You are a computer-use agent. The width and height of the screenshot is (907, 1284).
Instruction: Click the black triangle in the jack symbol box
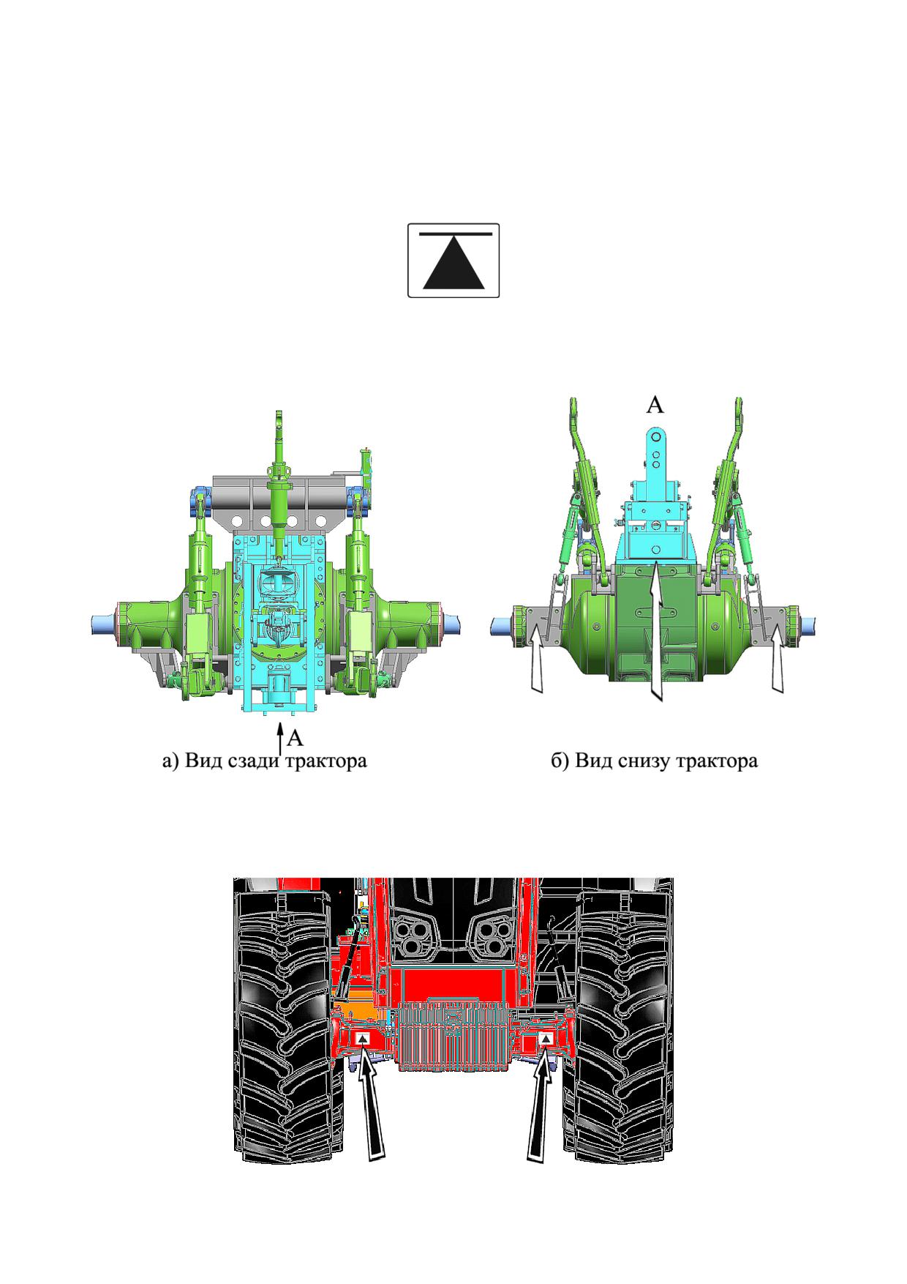[453, 264]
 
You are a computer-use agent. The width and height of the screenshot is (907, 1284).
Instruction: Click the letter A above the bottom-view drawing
[655, 405]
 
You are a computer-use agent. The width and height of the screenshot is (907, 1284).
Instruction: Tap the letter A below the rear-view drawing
[295, 737]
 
